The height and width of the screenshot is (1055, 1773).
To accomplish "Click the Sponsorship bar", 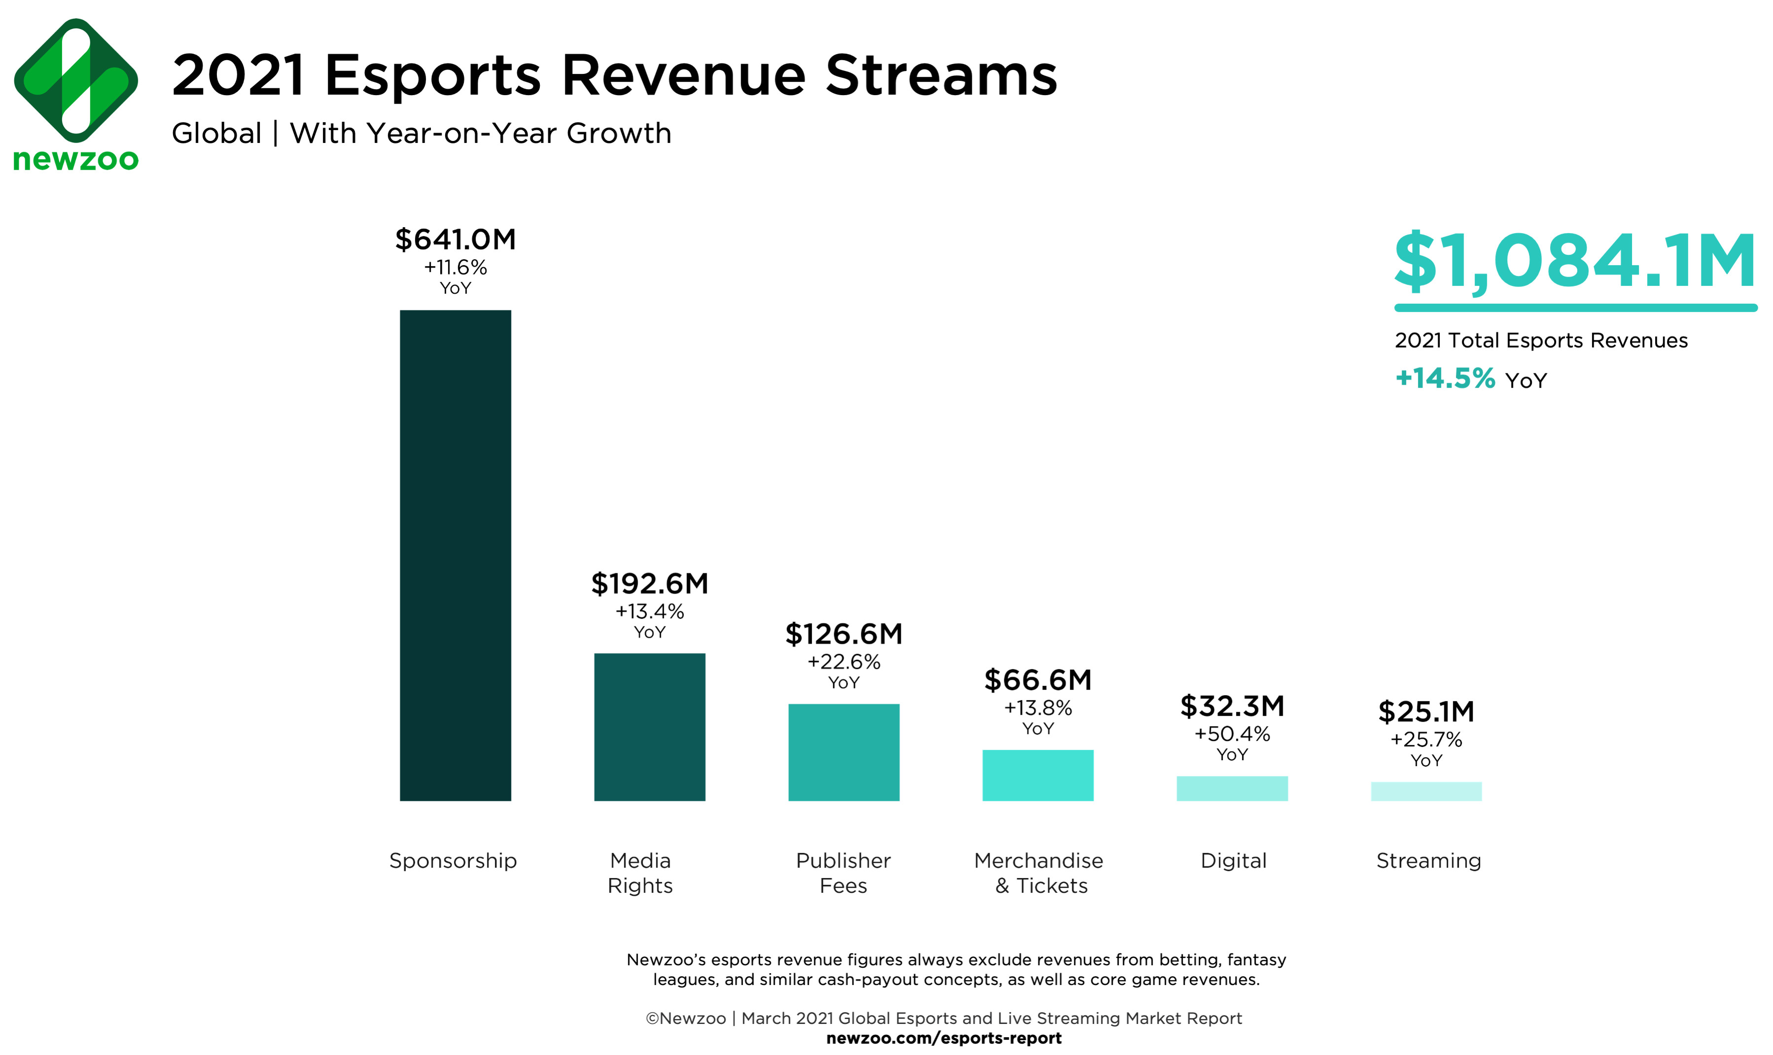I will [x=455, y=555].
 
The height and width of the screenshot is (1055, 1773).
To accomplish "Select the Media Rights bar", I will [x=649, y=727].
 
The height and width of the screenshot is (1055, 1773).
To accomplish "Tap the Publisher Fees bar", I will [x=843, y=752].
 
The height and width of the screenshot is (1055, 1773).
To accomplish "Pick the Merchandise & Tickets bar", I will [x=1037, y=775].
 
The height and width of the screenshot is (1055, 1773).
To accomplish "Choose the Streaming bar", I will [x=1425, y=791].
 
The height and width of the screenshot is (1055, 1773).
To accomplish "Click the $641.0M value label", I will [x=455, y=240].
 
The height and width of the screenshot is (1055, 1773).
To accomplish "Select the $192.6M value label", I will [x=649, y=584].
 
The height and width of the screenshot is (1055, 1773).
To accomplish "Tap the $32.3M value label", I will [x=1232, y=706].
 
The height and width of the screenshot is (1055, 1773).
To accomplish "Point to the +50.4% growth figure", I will [x=1232, y=734].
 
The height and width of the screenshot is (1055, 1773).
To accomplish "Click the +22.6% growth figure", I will [x=843, y=662].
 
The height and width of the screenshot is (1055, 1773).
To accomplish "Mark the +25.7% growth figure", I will [x=1425, y=739].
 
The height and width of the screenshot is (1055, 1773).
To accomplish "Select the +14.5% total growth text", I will [x=1445, y=378].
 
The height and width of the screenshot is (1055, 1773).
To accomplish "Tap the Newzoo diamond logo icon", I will [x=76, y=80].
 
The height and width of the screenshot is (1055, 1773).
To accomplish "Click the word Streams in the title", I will [x=941, y=75].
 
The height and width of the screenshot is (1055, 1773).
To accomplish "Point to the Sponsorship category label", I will [x=453, y=861].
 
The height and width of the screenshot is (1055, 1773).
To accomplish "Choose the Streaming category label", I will [x=1428, y=861].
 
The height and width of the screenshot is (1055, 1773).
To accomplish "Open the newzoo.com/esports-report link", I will [x=943, y=1038].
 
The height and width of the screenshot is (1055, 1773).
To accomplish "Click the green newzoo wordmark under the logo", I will [x=76, y=160].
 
